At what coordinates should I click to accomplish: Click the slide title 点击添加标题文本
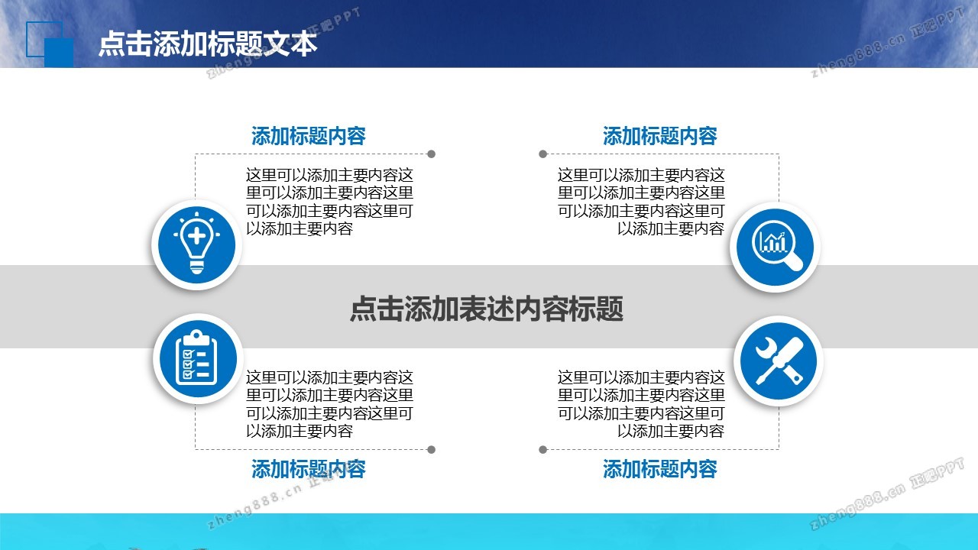[x=208, y=44]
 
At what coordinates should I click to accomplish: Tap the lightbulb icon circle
[x=197, y=245]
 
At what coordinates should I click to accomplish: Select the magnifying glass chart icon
[x=775, y=247]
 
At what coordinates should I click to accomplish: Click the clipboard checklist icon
[x=198, y=359]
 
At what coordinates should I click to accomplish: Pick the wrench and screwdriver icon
[x=779, y=361]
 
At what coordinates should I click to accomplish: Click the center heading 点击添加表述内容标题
[x=487, y=309]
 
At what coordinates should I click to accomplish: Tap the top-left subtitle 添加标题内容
[x=308, y=136]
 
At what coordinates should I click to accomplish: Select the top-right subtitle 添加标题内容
[x=659, y=136]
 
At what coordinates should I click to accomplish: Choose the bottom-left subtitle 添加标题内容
[x=308, y=469]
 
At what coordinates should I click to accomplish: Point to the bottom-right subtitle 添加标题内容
[x=659, y=469]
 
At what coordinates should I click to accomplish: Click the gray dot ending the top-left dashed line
[x=432, y=154]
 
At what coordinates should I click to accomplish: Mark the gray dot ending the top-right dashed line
[x=542, y=154]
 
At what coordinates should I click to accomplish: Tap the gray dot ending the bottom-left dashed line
[x=432, y=450]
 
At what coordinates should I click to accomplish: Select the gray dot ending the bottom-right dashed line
[x=542, y=450]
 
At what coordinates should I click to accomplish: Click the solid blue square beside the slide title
[x=59, y=53]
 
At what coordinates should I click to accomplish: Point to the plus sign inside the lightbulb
[x=196, y=236]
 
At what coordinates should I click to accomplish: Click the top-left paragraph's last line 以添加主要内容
[x=299, y=228]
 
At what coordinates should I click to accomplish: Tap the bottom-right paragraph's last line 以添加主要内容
[x=671, y=432]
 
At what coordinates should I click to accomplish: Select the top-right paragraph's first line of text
[x=641, y=175]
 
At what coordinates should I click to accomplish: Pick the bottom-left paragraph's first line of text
[x=329, y=377]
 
